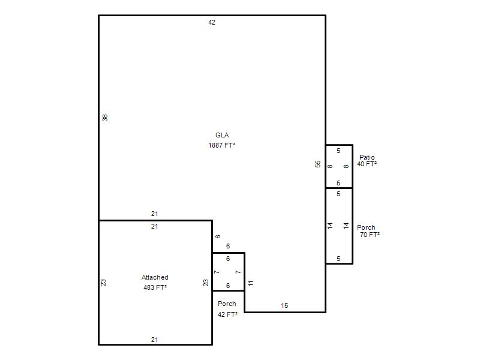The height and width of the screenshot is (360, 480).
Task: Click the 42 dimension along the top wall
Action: coord(212,22)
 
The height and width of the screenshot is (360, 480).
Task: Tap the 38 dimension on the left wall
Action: coord(105,118)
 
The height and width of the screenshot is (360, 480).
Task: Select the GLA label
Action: coord(222,135)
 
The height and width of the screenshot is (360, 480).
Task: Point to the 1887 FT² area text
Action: coord(221,145)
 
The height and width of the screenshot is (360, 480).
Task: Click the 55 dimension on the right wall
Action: coord(318,164)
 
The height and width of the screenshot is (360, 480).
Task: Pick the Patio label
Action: coord(367,157)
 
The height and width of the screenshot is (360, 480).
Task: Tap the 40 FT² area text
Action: coord(367,164)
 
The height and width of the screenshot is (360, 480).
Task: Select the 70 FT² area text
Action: coord(370,235)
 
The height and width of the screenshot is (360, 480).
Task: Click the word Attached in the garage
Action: coord(155,277)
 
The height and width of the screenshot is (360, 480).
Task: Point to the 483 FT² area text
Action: coord(155,287)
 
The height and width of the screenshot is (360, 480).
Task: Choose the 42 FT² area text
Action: coord(227,314)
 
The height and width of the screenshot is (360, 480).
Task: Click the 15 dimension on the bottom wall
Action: coord(284,305)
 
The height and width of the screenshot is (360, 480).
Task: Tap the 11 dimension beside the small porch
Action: coord(251,283)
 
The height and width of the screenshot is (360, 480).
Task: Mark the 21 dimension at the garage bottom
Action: coord(155,340)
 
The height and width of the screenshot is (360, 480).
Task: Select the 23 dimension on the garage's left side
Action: coord(103,283)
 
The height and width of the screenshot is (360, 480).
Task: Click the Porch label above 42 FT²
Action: coord(227,304)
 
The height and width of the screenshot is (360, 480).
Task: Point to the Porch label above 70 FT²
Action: coord(366,227)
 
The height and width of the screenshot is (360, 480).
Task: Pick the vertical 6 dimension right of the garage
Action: coord(218,236)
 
